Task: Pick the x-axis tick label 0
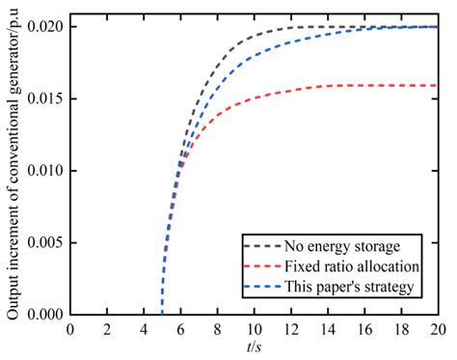pos(69,328)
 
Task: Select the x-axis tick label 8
pos(217,328)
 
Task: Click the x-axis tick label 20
pos(438,328)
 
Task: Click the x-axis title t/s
pos(254,346)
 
